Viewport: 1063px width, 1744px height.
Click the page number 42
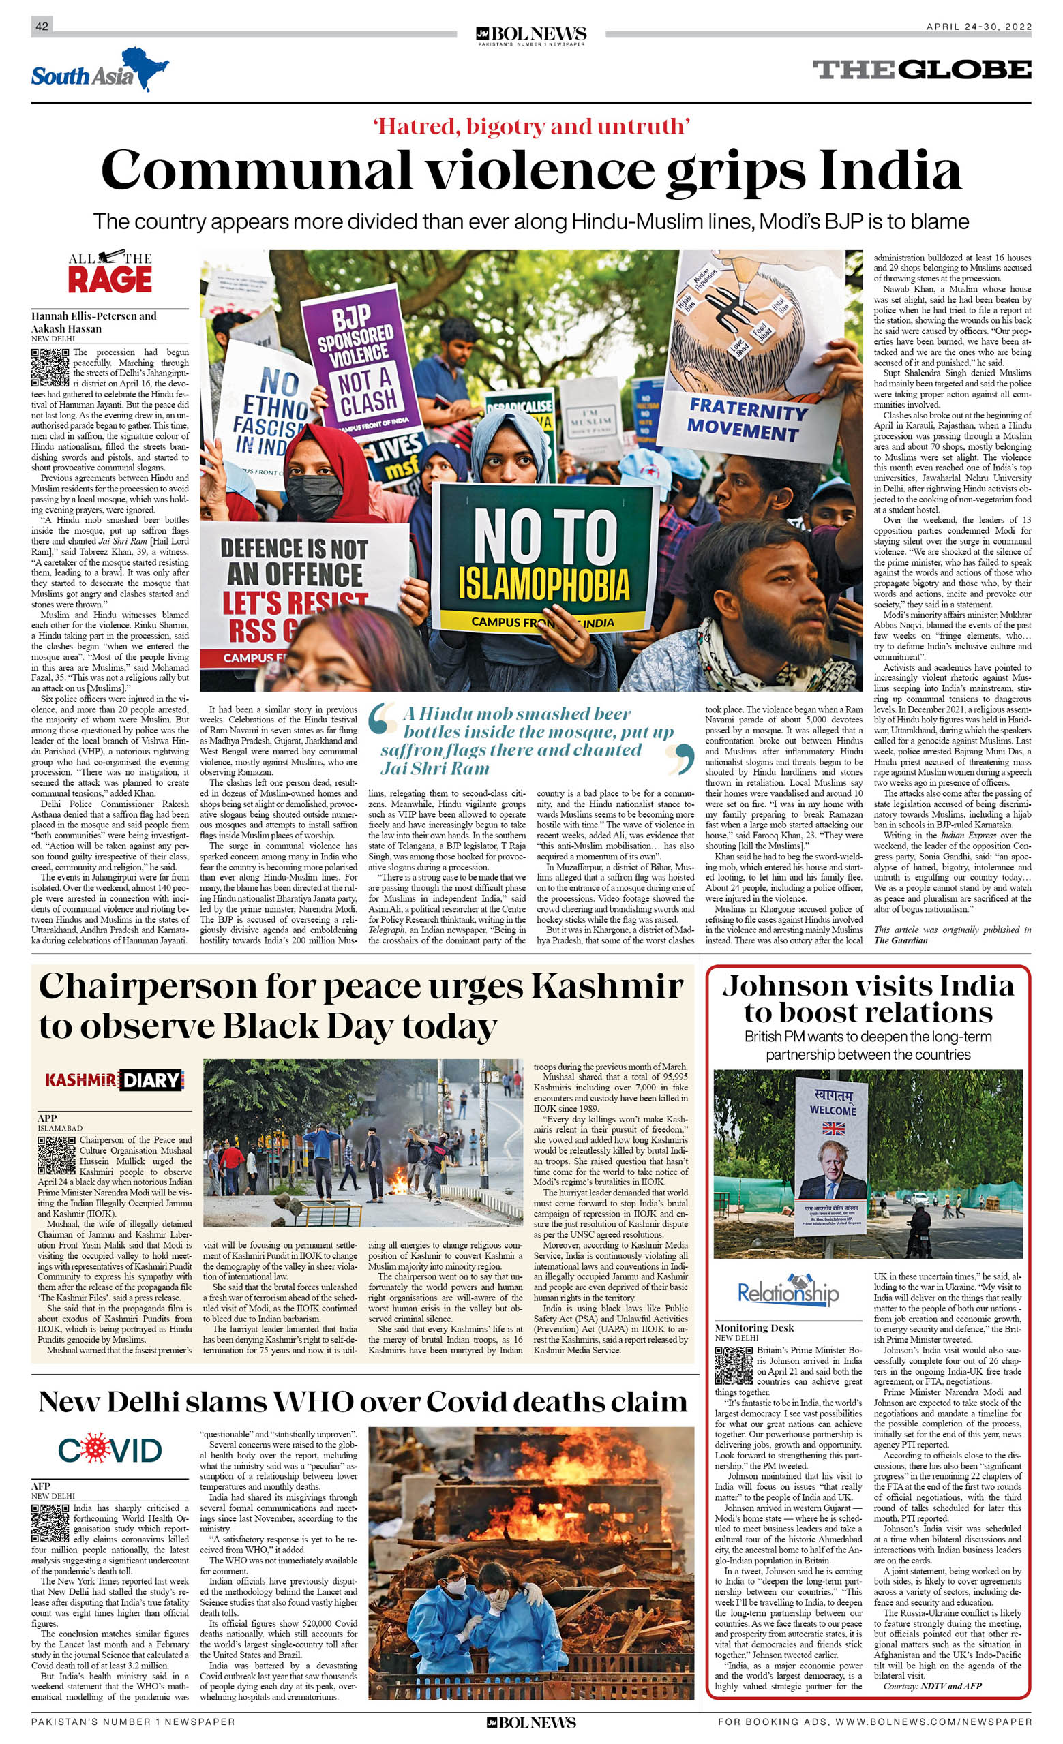[42, 26]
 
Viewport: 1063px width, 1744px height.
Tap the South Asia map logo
[99, 71]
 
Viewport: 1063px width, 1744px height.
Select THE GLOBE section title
[921, 70]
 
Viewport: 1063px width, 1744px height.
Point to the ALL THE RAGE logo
[110, 272]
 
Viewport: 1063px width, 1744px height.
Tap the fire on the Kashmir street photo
[400, 1182]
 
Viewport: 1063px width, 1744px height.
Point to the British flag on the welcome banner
[833, 1127]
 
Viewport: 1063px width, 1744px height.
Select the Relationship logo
[788, 1293]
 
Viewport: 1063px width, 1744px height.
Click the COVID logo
[110, 1450]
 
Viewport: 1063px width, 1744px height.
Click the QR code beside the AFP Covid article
[50, 1523]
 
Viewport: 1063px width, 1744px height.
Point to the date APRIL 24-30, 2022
[978, 27]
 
